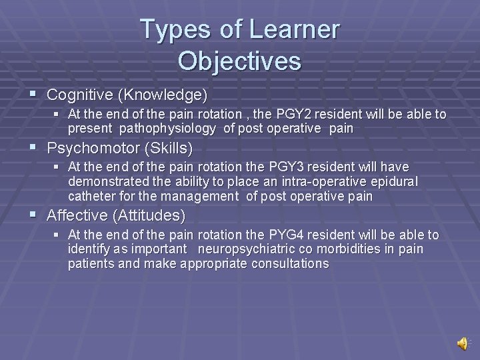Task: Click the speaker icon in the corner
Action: [x=462, y=343]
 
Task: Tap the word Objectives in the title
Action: [x=239, y=61]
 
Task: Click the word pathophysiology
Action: [x=167, y=129]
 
